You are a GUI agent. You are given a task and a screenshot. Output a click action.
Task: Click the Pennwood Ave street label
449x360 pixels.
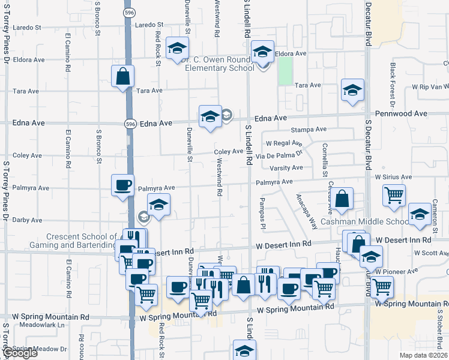(x=401, y=113)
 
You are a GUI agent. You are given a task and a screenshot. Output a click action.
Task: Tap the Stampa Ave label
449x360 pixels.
(x=308, y=130)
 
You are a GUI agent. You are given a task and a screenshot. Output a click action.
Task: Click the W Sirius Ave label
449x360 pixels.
(x=393, y=178)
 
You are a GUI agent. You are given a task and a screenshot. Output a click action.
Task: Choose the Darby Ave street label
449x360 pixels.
(x=27, y=220)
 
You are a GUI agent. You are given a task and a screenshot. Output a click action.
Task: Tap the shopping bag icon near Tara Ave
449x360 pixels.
(x=122, y=76)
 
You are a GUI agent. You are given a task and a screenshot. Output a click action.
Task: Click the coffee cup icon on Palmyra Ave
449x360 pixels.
(x=122, y=185)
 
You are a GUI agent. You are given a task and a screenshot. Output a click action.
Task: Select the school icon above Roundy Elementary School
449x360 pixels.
(x=262, y=52)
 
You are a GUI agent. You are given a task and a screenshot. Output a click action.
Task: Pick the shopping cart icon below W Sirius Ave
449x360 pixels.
(x=394, y=195)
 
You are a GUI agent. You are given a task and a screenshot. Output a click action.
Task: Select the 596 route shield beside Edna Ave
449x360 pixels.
(x=130, y=123)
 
